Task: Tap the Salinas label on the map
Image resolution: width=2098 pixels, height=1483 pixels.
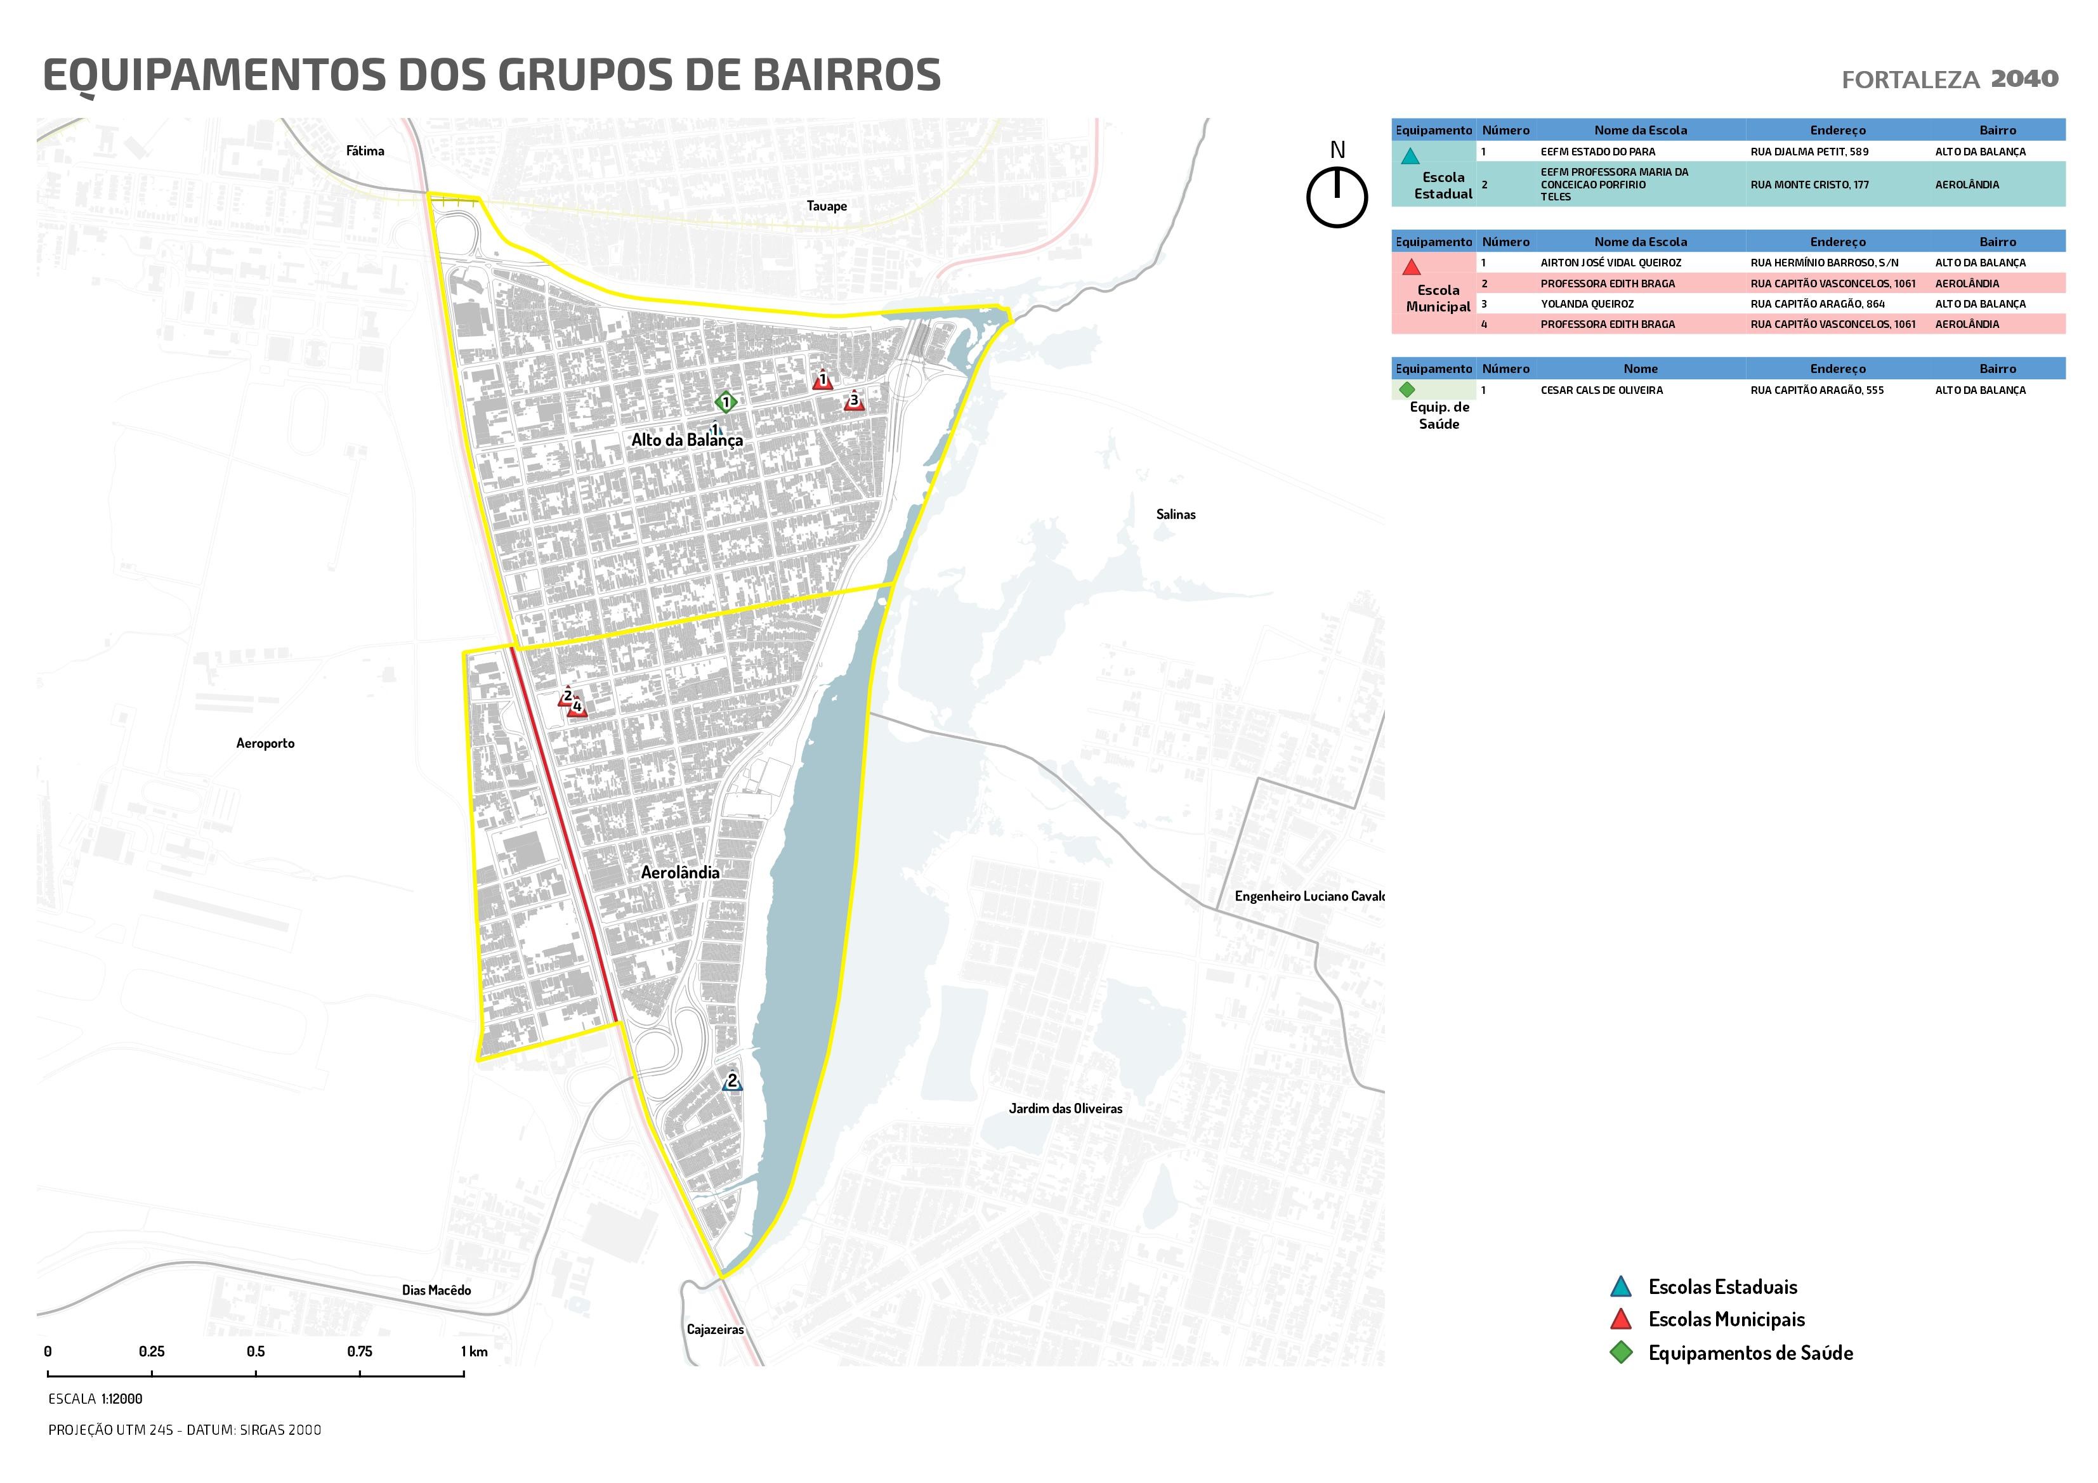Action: (x=1175, y=514)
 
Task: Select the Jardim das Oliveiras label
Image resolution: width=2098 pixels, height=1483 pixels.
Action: (x=1065, y=1108)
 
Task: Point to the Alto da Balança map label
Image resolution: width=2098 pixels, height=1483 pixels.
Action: (x=687, y=440)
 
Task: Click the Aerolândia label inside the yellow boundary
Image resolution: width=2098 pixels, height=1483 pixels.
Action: (x=680, y=873)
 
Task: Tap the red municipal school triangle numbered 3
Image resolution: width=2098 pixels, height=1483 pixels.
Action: (x=855, y=401)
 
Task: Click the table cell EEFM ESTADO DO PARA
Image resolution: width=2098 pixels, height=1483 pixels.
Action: (x=1597, y=152)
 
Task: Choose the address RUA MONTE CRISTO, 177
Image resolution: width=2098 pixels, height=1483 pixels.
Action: (x=1809, y=185)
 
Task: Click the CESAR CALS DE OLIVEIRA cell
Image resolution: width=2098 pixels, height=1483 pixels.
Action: (x=1601, y=390)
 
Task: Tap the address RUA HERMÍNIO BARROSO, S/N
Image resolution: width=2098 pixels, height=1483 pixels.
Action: (x=1824, y=263)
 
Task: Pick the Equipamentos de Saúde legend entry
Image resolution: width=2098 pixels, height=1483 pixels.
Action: (x=1749, y=1353)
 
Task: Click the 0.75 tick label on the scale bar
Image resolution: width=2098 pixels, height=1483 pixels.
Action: (x=359, y=1352)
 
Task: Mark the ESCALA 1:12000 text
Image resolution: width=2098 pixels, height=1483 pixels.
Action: (x=95, y=1399)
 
